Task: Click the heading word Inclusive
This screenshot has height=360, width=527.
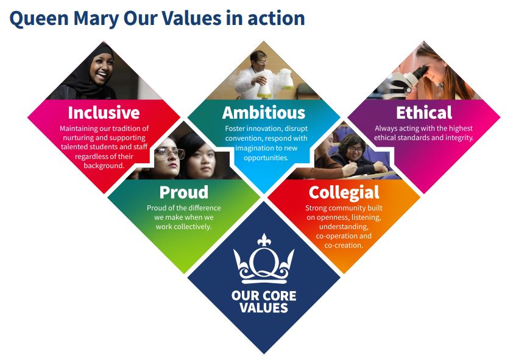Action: coord(104,113)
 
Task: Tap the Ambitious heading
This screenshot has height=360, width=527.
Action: coord(263,113)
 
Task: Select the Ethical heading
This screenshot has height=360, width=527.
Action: coord(424,113)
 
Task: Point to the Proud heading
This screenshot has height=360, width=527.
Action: coord(184,192)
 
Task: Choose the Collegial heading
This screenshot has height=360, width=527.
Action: coord(344,192)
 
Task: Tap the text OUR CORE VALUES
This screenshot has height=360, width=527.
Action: coord(264,302)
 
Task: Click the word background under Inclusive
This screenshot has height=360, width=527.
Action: coord(104,165)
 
